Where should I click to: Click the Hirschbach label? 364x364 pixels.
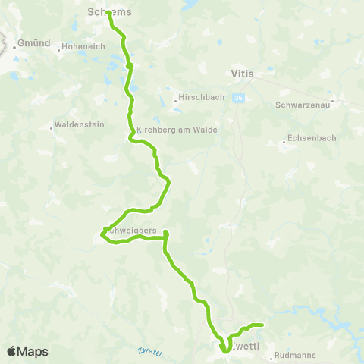(x=199, y=98)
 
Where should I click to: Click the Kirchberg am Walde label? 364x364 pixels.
(x=177, y=130)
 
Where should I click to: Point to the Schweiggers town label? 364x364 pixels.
(x=130, y=230)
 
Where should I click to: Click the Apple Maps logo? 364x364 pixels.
(x=27, y=351)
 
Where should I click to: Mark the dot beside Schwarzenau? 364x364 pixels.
(x=332, y=101)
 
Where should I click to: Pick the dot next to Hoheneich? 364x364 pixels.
(x=59, y=51)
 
